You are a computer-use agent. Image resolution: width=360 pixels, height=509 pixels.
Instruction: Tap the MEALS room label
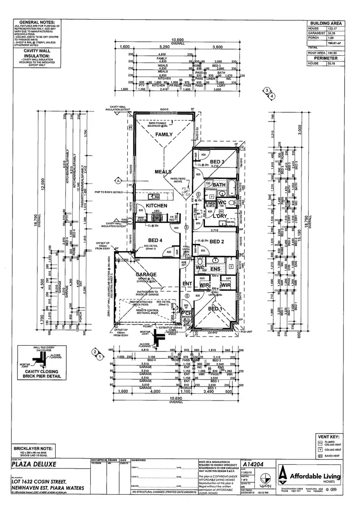tap(163, 171)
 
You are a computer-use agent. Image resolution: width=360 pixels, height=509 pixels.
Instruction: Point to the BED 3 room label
tap(218, 161)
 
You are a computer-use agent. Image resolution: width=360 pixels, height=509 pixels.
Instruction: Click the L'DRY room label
tap(220, 217)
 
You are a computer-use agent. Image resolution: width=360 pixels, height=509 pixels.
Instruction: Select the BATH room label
tap(219, 185)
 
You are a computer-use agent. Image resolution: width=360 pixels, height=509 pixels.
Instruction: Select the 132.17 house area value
tap(331, 28)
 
